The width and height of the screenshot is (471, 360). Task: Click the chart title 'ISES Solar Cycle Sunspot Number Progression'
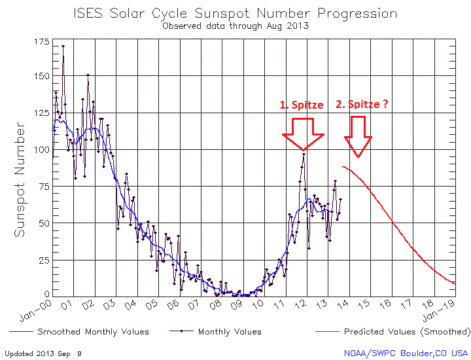(235, 14)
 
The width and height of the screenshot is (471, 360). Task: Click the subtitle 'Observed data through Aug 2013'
(235, 26)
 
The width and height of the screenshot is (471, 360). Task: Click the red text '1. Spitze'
(302, 105)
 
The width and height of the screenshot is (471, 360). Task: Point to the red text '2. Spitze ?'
(362, 104)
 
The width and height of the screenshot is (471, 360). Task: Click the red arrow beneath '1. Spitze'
(303, 134)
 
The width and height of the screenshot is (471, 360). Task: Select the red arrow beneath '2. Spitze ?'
(358, 136)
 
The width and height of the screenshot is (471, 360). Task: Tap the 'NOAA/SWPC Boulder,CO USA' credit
(406, 353)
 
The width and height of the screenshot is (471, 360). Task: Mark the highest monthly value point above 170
(63, 46)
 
